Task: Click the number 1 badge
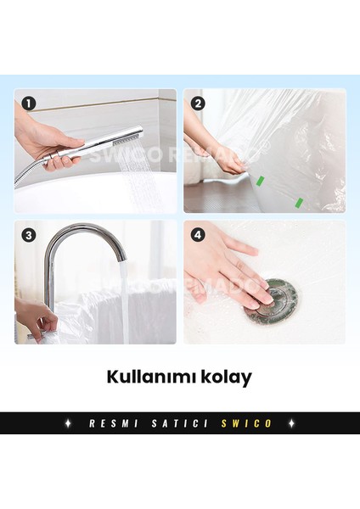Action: [x=30, y=104]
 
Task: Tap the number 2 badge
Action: [x=199, y=104]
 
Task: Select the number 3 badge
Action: [x=30, y=235]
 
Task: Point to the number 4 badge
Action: [x=199, y=235]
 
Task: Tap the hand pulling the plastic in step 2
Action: [x=222, y=161]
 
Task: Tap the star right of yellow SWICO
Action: [x=290, y=422]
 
